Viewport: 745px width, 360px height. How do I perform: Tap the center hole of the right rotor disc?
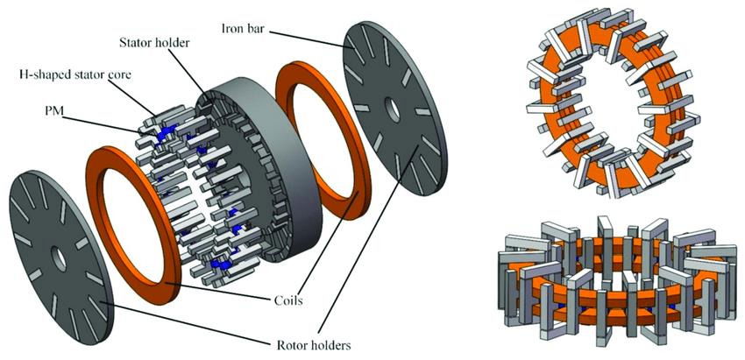coord(393,111)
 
